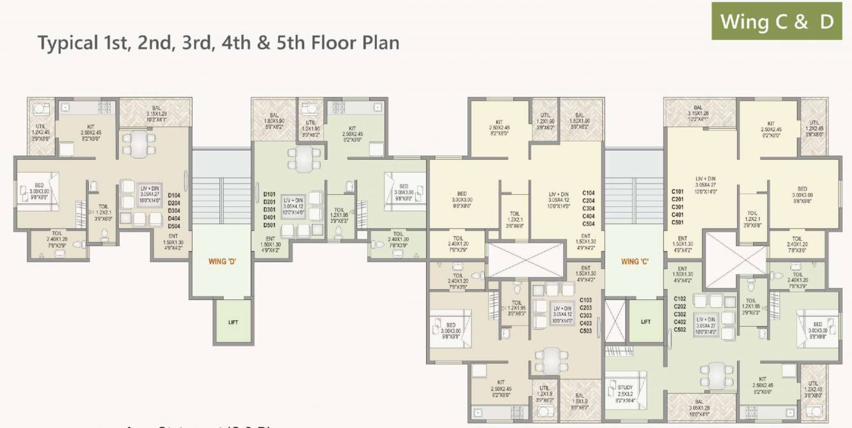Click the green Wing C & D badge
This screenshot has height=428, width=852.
pyautogui.click(x=777, y=21)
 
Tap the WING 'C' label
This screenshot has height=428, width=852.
pyautogui.click(x=635, y=261)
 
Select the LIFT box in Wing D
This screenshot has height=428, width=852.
pyautogui.click(x=233, y=322)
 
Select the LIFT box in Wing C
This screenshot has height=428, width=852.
pyautogui.click(x=645, y=322)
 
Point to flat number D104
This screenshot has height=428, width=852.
pyautogui.click(x=174, y=196)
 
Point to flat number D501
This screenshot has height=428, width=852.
pyautogui.click(x=269, y=225)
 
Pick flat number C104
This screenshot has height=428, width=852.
pyautogui.click(x=589, y=192)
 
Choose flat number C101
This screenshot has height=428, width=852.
pyautogui.click(x=678, y=192)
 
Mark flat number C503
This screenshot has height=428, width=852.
pyautogui.click(x=585, y=331)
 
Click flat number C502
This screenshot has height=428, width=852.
pyautogui.click(x=680, y=329)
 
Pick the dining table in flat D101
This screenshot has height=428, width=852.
pyautogui.click(x=304, y=157)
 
